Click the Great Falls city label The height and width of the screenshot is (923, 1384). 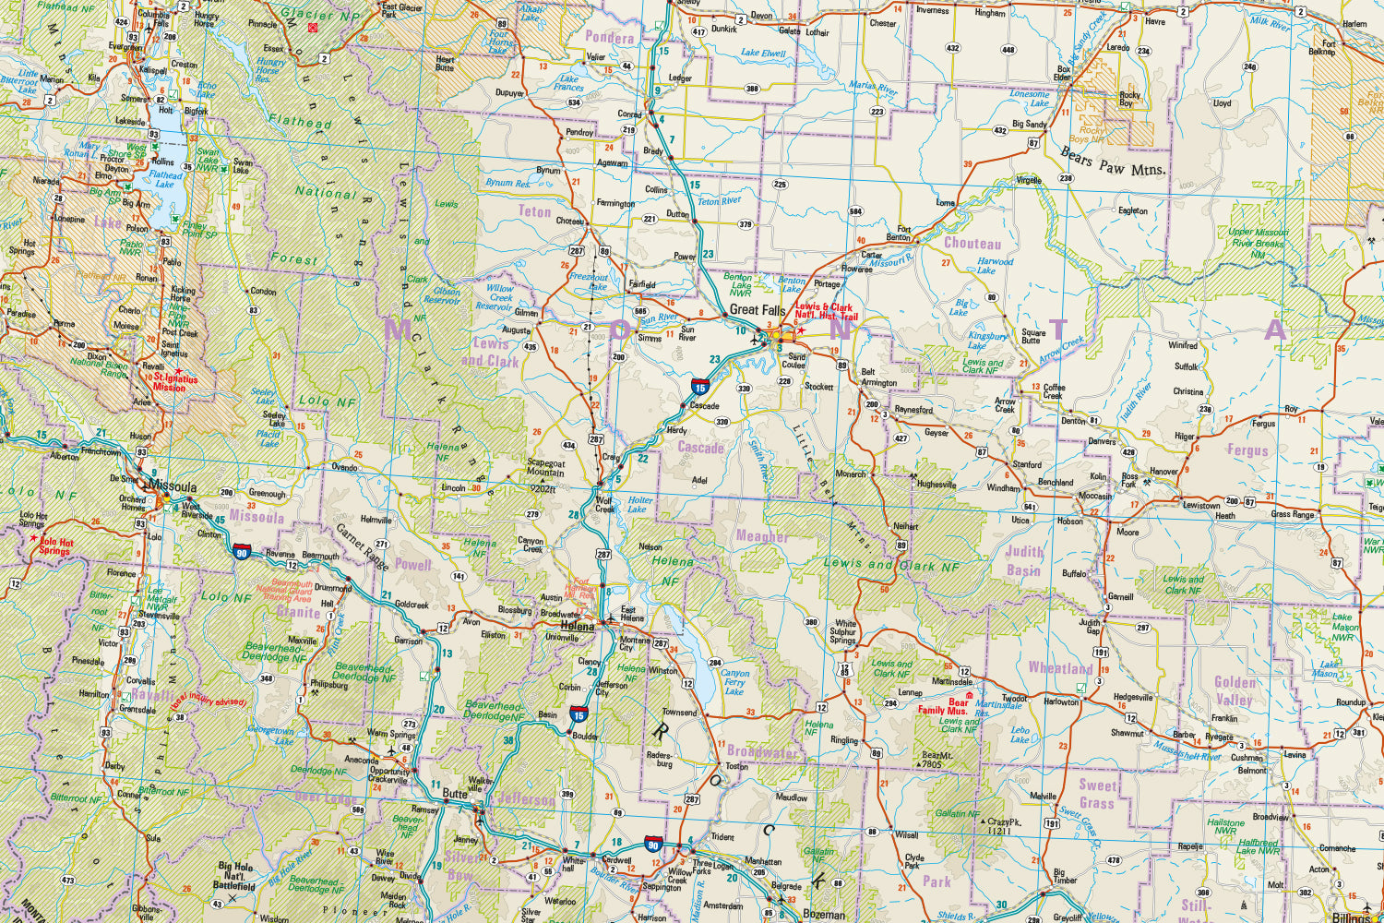click(x=758, y=310)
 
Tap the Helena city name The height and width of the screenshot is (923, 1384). click(x=578, y=626)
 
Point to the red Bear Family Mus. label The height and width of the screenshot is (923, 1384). click(x=943, y=706)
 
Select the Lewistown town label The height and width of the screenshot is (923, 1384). click(x=1201, y=505)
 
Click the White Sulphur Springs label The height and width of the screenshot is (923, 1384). click(x=843, y=632)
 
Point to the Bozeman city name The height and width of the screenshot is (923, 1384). click(x=824, y=915)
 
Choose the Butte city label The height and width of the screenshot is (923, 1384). click(x=455, y=794)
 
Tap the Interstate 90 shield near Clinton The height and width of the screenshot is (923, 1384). click(x=242, y=552)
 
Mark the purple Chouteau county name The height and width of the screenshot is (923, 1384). click(x=972, y=244)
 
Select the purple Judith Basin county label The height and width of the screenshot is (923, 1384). click(x=1024, y=561)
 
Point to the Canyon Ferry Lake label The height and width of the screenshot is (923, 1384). click(x=734, y=682)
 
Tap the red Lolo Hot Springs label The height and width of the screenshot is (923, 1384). click(x=55, y=547)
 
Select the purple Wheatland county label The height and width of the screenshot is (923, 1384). click(x=1060, y=667)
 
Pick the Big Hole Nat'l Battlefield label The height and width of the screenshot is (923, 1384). click(x=235, y=876)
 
